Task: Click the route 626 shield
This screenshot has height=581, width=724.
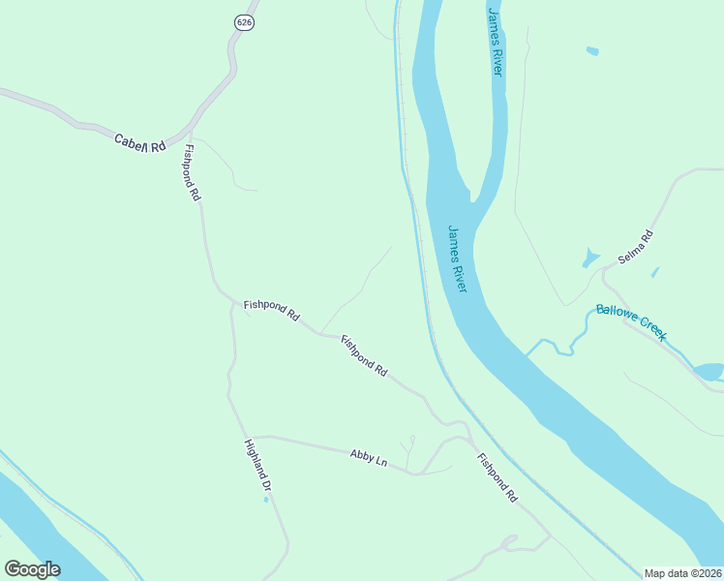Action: click(x=244, y=22)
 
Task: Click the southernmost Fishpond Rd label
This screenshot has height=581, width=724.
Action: click(x=497, y=476)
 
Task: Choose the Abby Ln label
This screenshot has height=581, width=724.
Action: click(x=368, y=456)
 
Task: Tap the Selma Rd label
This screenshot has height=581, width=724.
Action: click(x=636, y=248)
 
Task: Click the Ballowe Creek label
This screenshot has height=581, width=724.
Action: click(x=630, y=322)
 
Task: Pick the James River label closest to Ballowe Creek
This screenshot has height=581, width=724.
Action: click(x=458, y=259)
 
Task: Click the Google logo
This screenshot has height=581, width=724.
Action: click(x=32, y=568)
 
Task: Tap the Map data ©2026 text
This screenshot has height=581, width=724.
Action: click(x=681, y=573)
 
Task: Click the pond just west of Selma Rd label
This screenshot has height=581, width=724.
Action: click(x=589, y=259)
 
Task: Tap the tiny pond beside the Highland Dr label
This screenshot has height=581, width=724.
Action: click(x=266, y=500)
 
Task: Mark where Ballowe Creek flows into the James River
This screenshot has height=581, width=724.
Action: click(x=528, y=353)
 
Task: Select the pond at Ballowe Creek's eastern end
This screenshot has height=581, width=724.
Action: click(x=709, y=371)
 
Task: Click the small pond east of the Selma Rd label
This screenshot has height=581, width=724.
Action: click(x=655, y=272)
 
